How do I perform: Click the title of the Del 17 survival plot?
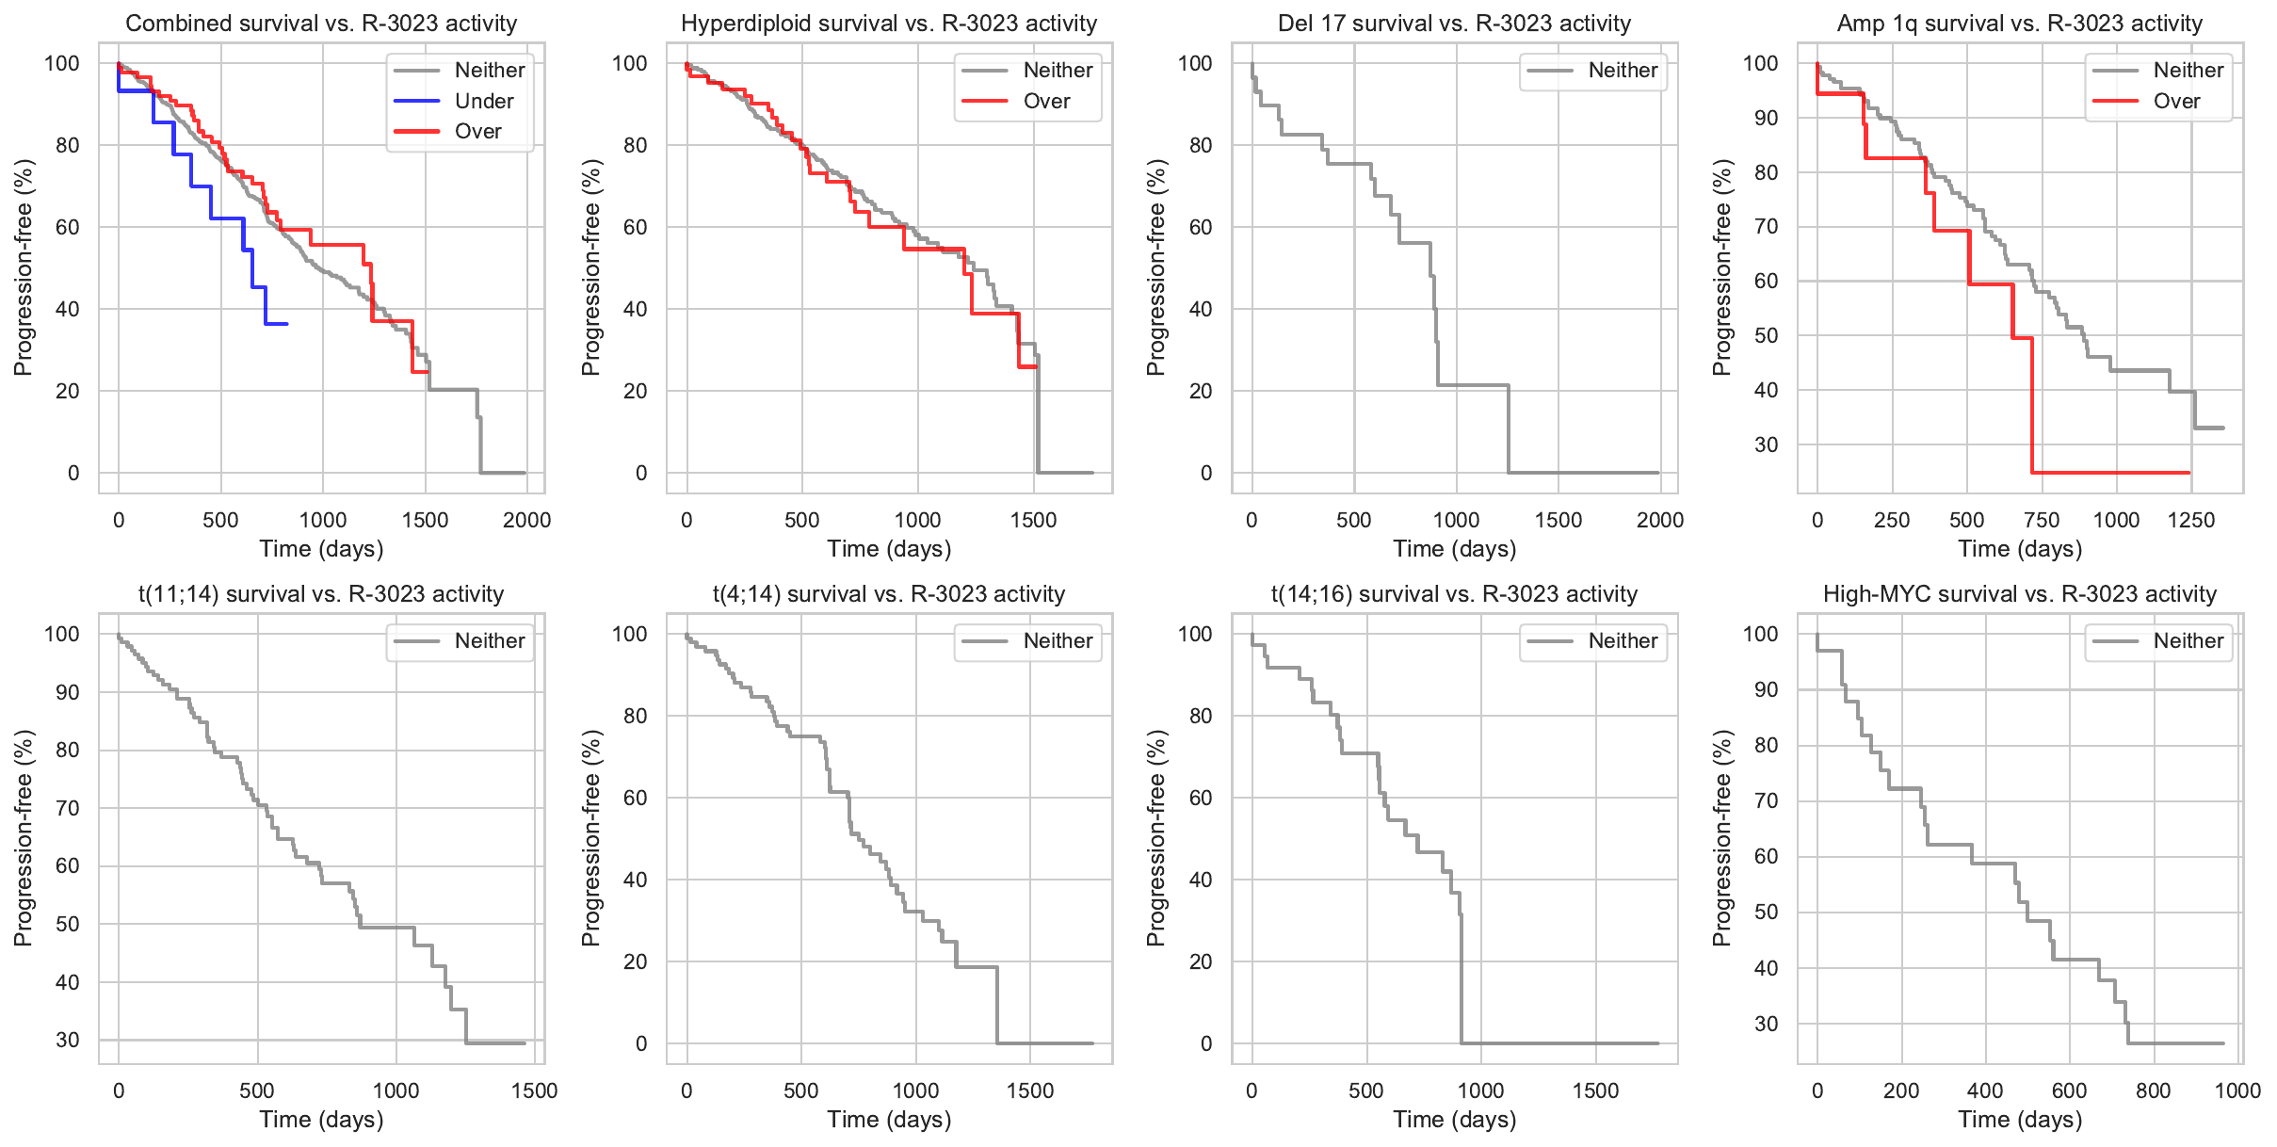[x=1454, y=24]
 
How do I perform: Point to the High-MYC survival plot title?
[x=2020, y=594]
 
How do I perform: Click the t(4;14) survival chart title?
[x=889, y=594]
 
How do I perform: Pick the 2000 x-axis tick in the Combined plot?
[x=526, y=520]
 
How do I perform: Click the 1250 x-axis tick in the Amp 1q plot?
[x=2191, y=520]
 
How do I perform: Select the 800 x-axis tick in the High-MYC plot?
[x=2153, y=1090]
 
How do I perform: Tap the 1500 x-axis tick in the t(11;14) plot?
[x=534, y=1090]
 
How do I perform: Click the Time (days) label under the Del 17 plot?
[x=1454, y=549]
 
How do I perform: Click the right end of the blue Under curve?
[x=287, y=324]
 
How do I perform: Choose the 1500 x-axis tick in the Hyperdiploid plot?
[x=1033, y=520]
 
